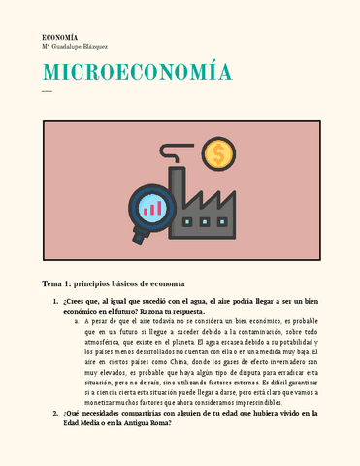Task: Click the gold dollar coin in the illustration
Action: pyautogui.click(x=219, y=152)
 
